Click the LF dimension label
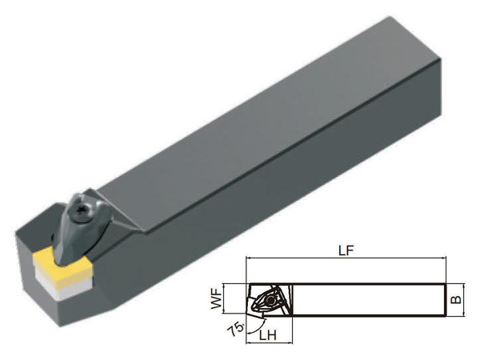pyautogui.click(x=346, y=250)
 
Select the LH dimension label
pyautogui.click(x=268, y=335)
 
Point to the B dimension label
pyautogui.click(x=456, y=298)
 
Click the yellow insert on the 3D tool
pyautogui.click(x=62, y=265)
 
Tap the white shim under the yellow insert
pyautogui.click(x=62, y=286)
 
